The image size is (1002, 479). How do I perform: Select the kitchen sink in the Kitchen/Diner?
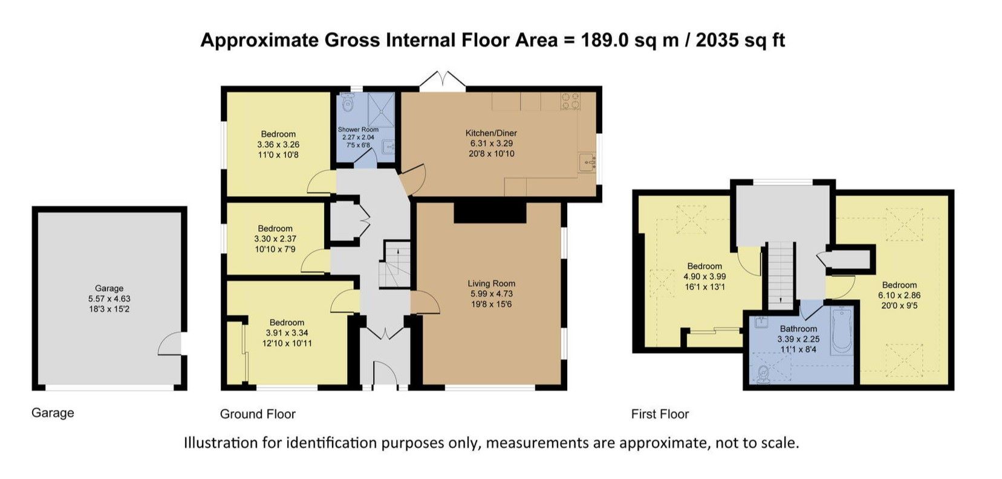(x=587, y=162)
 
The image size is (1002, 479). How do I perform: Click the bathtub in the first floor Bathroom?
(x=842, y=331)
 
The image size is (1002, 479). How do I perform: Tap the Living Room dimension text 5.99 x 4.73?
(x=491, y=294)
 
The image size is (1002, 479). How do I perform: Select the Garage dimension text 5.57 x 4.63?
(x=109, y=299)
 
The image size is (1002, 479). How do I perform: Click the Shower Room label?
(x=358, y=130)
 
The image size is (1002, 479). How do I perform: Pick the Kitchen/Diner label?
(x=491, y=133)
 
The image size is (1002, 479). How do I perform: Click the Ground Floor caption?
(x=258, y=414)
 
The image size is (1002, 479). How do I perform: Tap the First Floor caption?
(x=660, y=414)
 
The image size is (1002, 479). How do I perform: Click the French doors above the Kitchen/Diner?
(x=443, y=80)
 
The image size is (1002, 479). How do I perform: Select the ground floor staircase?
(x=394, y=265)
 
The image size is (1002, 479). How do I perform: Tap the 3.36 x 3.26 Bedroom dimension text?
(x=278, y=145)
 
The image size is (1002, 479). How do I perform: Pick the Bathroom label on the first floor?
(x=798, y=329)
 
